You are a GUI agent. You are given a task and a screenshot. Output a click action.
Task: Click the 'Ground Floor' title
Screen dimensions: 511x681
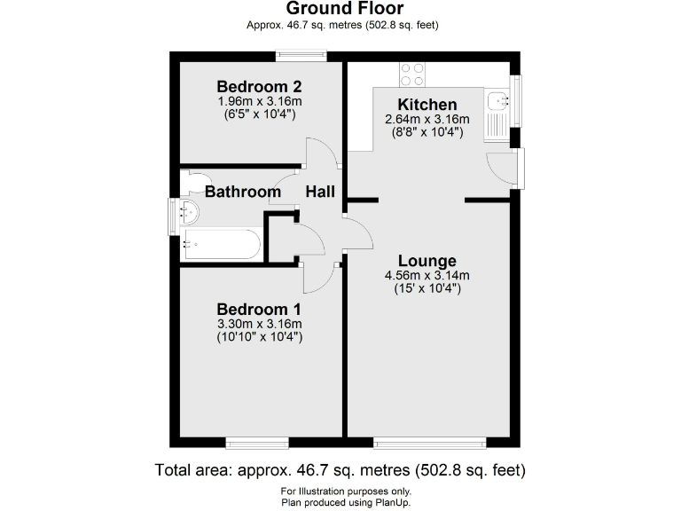(340, 10)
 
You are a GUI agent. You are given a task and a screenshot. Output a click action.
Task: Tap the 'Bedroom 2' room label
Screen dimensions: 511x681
(260, 87)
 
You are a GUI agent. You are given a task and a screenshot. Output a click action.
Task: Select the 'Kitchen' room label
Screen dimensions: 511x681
(427, 105)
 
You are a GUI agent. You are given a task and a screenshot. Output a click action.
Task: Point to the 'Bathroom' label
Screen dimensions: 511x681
(242, 192)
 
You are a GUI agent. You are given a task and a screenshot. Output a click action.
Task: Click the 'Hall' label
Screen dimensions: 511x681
(320, 192)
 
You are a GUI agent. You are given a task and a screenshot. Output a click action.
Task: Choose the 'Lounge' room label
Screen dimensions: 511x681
(427, 261)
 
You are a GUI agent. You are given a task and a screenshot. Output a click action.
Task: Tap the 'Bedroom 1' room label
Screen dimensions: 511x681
(259, 309)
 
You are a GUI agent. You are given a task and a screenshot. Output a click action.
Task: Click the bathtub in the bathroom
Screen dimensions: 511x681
(221, 243)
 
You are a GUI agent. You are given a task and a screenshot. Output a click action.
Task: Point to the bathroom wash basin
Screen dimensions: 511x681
(189, 212)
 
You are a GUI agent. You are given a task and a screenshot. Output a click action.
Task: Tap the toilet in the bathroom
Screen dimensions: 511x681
(191, 183)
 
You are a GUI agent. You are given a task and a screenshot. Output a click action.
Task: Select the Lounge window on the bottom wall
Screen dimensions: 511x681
(429, 441)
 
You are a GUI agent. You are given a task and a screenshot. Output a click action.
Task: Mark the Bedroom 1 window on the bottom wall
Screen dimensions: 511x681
(255, 441)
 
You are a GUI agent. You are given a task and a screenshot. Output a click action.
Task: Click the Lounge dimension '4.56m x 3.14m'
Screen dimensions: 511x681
(427, 275)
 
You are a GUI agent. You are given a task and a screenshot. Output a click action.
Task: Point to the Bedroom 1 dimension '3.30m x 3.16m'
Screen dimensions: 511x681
(259, 323)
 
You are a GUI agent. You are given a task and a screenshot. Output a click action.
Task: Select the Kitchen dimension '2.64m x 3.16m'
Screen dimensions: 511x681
(427, 120)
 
